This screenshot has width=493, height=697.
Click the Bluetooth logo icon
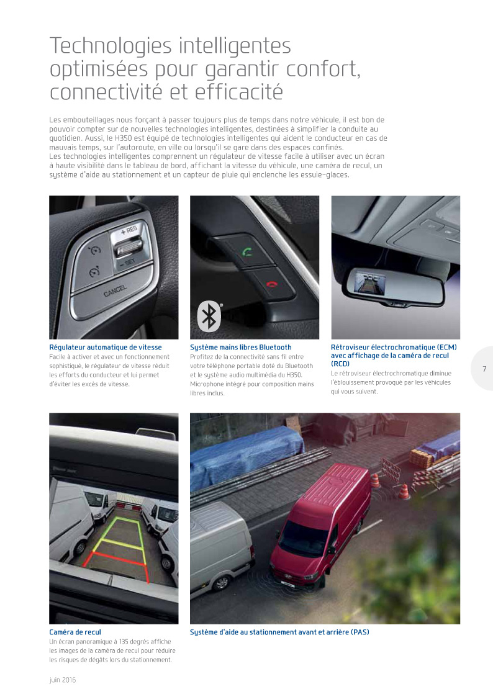pyautogui.click(x=209, y=315)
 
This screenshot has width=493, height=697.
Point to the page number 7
pyautogui.click(x=484, y=369)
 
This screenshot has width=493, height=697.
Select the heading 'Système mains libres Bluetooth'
pyautogui.click(x=240, y=348)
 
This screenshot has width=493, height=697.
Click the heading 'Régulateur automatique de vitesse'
pyautogui.click(x=105, y=348)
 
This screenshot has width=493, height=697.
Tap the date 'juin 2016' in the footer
pyautogui.click(x=63, y=680)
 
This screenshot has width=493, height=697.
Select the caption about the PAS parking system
pyautogui.click(x=279, y=632)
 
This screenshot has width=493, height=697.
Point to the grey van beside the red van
pyautogui.click(x=220, y=546)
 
